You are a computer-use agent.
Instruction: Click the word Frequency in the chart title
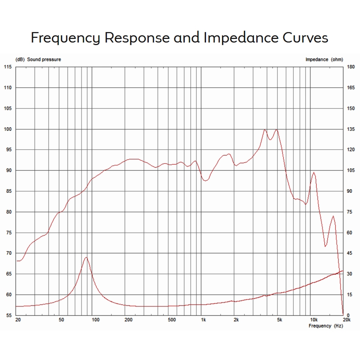(66, 38)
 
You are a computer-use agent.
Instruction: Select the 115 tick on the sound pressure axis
(8, 67)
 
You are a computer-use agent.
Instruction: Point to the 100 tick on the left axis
(8, 129)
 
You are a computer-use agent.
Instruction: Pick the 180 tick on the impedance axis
(350, 67)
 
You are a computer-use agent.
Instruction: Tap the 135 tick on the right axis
(350, 129)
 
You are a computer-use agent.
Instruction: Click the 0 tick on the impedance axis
(348, 316)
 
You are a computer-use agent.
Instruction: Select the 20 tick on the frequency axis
(18, 320)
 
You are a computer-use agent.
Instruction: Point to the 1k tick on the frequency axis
(203, 320)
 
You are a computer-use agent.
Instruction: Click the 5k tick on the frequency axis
(280, 320)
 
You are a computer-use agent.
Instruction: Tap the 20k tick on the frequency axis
(346, 320)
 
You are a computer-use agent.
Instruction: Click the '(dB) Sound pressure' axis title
(38, 60)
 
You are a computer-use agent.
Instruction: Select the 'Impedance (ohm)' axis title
(324, 60)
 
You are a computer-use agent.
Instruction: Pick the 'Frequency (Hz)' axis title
(326, 326)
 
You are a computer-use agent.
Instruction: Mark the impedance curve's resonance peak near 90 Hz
(86, 257)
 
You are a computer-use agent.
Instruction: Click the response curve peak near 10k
(314, 172)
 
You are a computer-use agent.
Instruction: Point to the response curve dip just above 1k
(205, 181)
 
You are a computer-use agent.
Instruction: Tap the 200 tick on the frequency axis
(128, 320)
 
